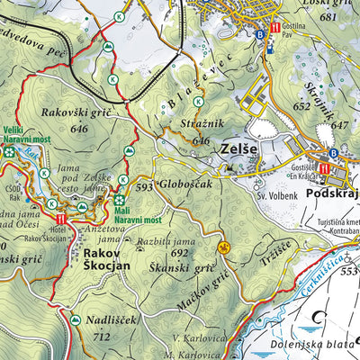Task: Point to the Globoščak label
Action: click(x=185, y=187)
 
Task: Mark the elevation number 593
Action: click(x=144, y=188)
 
